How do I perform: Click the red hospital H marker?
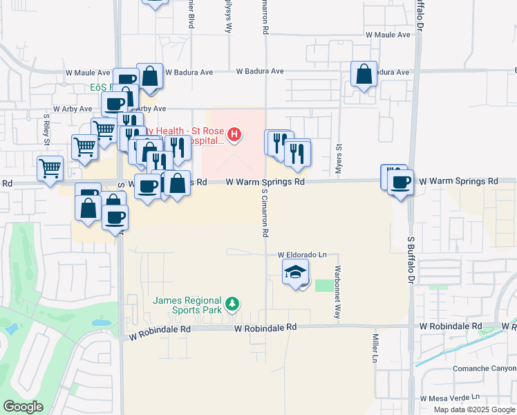point(235,134)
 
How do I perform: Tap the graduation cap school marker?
point(295,272)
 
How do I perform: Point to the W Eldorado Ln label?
point(301,255)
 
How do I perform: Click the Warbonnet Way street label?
point(337,284)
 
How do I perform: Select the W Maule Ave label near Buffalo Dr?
point(388,34)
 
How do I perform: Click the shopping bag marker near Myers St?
point(364,75)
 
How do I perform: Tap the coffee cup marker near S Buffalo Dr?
point(400,183)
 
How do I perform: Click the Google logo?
point(23,407)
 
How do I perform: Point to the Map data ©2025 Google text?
point(474,409)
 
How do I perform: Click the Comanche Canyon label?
point(484,369)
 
